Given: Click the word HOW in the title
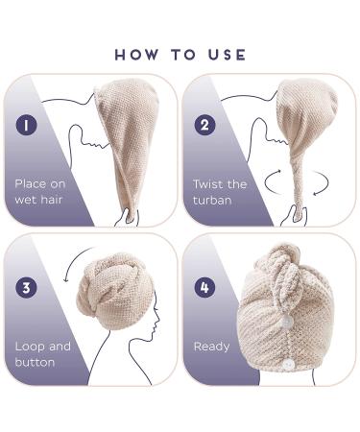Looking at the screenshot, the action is tap(136, 55).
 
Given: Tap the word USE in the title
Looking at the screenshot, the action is tap(228, 55).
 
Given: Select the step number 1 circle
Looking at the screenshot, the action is tap(26, 125).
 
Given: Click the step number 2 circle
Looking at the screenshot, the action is tap(204, 125).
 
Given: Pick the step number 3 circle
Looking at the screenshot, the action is tap(26, 287).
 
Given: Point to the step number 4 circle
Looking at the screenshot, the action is tap(204, 287).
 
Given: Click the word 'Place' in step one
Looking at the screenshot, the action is tap(31, 183).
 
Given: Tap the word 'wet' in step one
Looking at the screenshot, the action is tap(26, 201).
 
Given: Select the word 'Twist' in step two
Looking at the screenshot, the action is tap(207, 184).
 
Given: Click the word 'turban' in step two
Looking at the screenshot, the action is tap(212, 201).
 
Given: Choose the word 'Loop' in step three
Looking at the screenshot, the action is tap(30, 347).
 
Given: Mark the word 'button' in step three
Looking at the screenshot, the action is tap(35, 363).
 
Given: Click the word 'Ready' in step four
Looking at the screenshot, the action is tap(211, 348).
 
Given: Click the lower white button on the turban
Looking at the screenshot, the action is tap(289, 365).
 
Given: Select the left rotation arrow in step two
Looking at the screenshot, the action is tap(272, 180).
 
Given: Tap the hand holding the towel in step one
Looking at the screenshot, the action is tap(129, 217).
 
